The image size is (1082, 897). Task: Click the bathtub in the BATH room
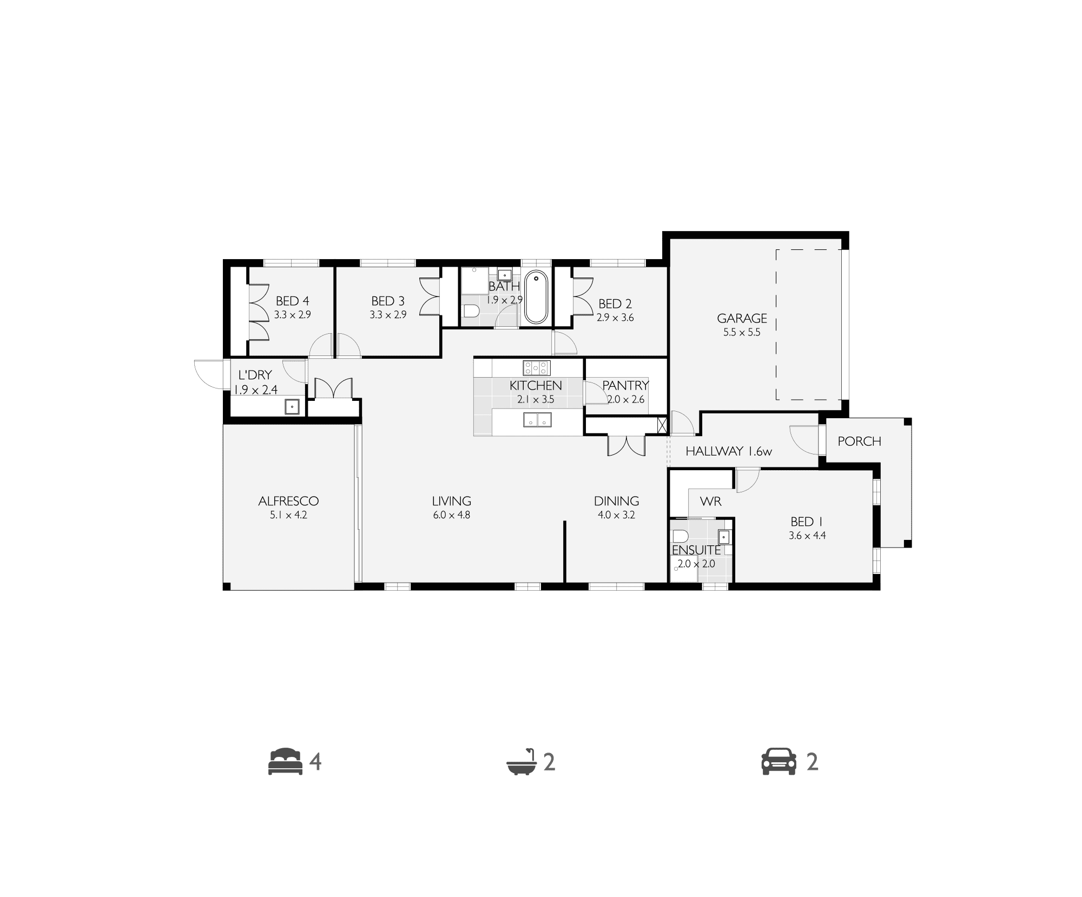[536, 296]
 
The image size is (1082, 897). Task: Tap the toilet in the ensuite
[680, 536]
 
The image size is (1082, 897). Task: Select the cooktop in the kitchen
[536, 368]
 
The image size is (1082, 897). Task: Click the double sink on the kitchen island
[536, 419]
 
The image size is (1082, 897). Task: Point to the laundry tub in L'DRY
[292, 406]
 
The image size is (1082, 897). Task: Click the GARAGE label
[742, 318]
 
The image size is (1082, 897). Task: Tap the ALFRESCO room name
[288, 501]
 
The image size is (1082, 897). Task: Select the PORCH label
[859, 441]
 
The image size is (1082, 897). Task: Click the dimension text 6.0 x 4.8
[451, 515]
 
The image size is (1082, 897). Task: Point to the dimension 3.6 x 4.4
[807, 536]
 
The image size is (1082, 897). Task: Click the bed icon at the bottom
[286, 762]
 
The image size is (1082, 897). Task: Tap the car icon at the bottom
[779, 762]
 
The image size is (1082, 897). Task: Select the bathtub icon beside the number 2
[522, 762]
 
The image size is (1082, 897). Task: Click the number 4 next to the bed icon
[315, 762]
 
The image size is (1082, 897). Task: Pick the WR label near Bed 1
[710, 502]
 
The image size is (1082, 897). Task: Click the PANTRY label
[625, 385]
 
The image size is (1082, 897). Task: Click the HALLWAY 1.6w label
[729, 451]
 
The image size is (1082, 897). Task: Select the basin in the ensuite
[724, 537]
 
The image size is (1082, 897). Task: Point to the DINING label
[616, 501]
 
